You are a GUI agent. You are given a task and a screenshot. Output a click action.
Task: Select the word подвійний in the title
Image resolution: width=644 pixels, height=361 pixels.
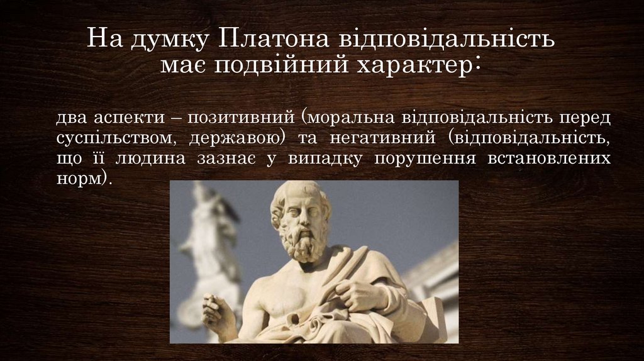[287, 65]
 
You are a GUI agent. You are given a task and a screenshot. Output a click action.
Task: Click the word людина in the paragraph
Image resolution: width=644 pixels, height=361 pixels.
[150, 157]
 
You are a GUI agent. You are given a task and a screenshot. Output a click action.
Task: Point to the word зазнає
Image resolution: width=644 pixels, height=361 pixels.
[225, 157]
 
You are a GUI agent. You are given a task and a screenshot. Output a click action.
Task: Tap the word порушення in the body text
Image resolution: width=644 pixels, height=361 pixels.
[424, 157]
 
